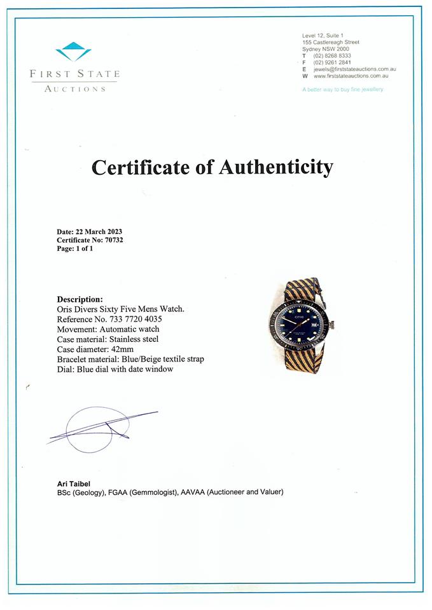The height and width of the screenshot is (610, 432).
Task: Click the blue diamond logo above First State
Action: pyautogui.click(x=74, y=51)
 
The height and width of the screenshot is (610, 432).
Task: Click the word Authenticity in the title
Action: pyautogui.click(x=275, y=167)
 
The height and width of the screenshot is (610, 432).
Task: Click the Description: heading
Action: pyautogui.click(x=80, y=299)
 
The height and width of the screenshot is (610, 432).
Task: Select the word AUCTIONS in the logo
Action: pyautogui.click(x=75, y=89)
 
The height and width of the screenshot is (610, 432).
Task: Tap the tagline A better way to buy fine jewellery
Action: pyautogui.click(x=343, y=90)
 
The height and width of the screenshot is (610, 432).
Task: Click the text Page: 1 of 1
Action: pyautogui.click(x=75, y=249)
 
